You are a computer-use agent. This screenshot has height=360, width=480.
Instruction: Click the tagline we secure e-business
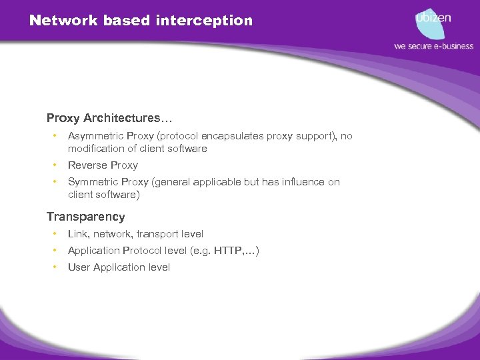433,46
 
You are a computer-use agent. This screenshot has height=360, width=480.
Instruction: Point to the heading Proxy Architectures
109,118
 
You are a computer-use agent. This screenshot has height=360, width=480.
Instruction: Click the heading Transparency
85,217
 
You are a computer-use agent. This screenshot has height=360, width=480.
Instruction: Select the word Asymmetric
93,136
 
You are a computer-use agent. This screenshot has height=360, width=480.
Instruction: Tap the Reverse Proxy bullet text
103,165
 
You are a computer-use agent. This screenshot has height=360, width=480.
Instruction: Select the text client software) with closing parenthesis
104,195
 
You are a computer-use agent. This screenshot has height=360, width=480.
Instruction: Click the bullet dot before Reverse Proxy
54,165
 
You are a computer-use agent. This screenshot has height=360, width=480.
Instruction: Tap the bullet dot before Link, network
54,234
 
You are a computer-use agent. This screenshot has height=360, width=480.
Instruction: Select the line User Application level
119,267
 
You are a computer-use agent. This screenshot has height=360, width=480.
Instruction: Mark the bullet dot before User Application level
54,267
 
